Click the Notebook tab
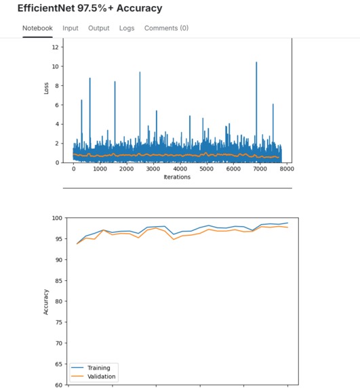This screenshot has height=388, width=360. pyautogui.click(x=37, y=28)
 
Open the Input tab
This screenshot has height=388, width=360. pyautogui.click(x=71, y=28)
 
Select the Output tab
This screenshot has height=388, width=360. pyautogui.click(x=98, y=28)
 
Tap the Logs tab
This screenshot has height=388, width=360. pyautogui.click(x=127, y=28)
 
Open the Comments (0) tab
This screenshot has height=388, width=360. pyautogui.click(x=166, y=28)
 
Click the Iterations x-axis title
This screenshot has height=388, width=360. pyautogui.click(x=177, y=177)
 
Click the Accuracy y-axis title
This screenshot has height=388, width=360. pyautogui.click(x=47, y=301)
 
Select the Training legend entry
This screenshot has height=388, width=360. pyautogui.click(x=98, y=368)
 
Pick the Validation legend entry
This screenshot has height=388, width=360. pyautogui.click(x=102, y=376)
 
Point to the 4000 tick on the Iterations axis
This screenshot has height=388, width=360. pyautogui.click(x=180, y=169)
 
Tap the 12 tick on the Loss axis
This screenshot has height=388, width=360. pyautogui.click(x=55, y=47)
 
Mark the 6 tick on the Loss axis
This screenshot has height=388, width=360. pyautogui.click(x=57, y=105)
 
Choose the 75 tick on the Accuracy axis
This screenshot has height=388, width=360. pyautogui.click(x=56, y=322)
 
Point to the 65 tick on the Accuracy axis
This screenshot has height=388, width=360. pyautogui.click(x=56, y=364)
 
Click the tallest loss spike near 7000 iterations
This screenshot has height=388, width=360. pyautogui.click(x=256, y=62)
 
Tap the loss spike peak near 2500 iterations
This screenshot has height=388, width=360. pyautogui.click(x=140, y=72)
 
